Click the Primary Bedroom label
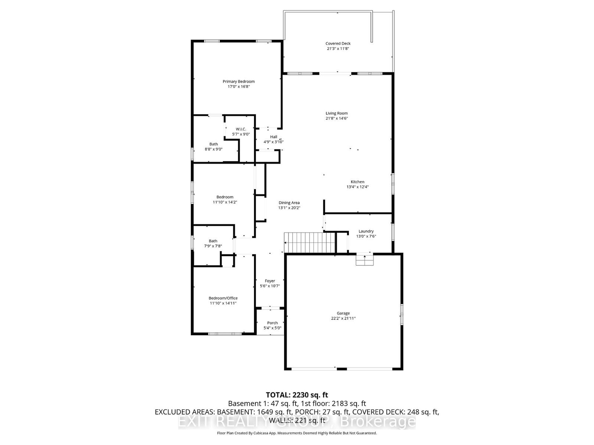tap(238, 82)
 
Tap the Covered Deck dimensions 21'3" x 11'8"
tap(338, 49)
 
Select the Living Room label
tap(337, 113)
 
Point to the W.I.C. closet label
tap(241, 129)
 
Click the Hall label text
tap(274, 137)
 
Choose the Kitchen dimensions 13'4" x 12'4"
tap(358, 187)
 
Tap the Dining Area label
tap(289, 203)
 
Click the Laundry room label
tap(366, 231)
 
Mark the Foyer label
tap(270, 281)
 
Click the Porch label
tap(272, 323)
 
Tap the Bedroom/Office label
tap(223, 298)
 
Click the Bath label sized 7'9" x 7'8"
tap(213, 241)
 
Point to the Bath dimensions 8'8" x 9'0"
tap(213, 149)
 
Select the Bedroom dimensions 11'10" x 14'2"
tap(225, 202)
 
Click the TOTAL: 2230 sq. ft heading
tap(297, 395)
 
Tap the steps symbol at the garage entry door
tap(364, 260)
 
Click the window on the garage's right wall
tap(402, 315)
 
